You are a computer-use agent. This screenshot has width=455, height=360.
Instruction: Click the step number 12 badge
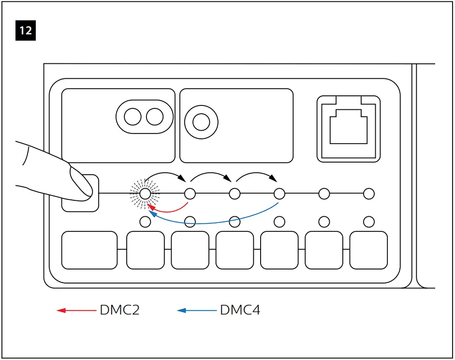(26, 30)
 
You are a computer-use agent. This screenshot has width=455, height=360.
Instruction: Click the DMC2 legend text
(119, 310)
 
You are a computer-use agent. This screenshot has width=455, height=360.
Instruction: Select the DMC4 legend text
(240, 310)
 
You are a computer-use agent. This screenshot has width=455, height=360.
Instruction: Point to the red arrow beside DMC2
(76, 310)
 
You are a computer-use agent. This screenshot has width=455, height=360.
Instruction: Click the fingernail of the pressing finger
(80, 182)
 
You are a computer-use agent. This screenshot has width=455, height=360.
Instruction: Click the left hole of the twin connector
(132, 117)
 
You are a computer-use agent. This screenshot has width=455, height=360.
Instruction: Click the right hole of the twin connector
(155, 117)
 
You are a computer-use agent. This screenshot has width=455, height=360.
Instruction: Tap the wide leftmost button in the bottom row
(89, 250)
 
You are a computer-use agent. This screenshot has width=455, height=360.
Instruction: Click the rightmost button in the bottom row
(368, 250)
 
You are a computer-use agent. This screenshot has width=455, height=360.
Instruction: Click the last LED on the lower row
(369, 222)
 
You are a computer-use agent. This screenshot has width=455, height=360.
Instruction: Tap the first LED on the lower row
(145, 222)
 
